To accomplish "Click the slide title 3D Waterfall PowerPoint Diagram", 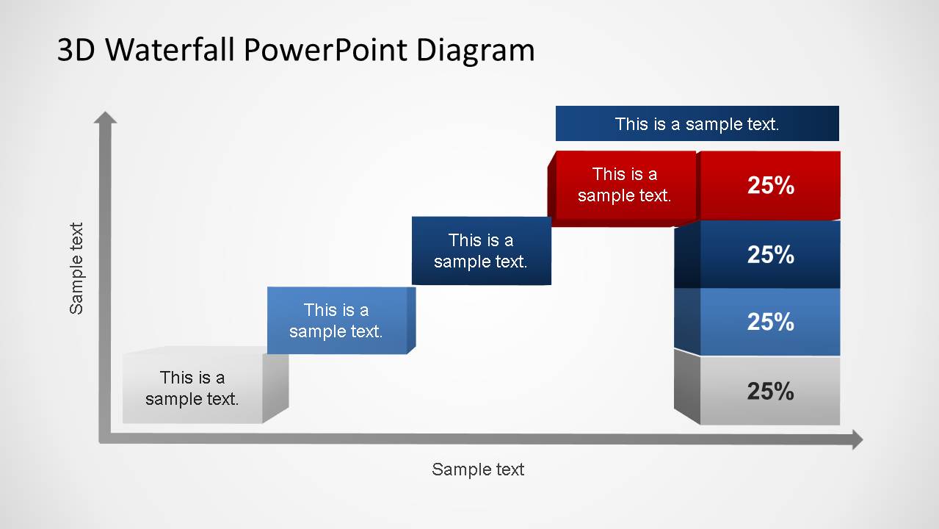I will [x=296, y=50].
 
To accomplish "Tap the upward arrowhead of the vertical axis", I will [x=106, y=118].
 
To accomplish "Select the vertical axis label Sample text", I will [x=76, y=269].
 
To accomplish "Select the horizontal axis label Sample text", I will [x=478, y=469].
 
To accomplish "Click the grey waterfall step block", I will [x=192, y=388].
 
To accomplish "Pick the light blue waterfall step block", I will [x=337, y=320].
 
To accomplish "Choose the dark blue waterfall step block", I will [x=481, y=251].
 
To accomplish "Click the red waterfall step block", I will [x=624, y=185].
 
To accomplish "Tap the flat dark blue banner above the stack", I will [x=697, y=123].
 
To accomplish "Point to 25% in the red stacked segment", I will [x=770, y=186].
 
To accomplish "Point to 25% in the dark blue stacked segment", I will [x=770, y=255].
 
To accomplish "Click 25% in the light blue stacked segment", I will [x=770, y=322].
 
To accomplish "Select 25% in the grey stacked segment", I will [x=770, y=392].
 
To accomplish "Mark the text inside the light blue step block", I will [x=336, y=320].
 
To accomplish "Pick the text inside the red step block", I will [x=625, y=184].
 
